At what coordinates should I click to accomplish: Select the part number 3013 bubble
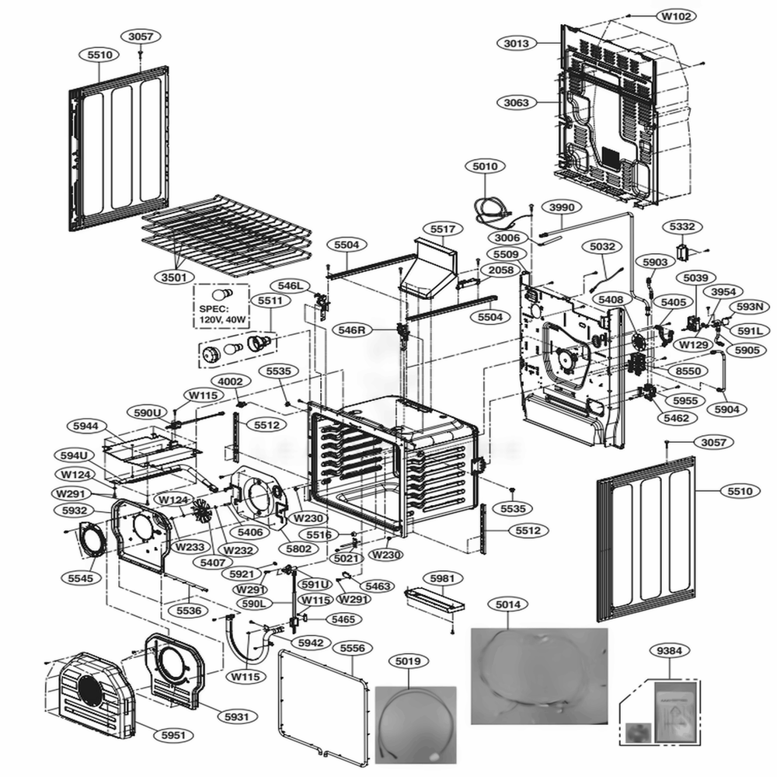pyautogui.click(x=516, y=44)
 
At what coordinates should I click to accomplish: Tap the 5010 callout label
pyautogui.click(x=485, y=166)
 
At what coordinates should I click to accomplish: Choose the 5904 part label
pyautogui.click(x=726, y=409)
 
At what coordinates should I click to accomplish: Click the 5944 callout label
pyautogui.click(x=85, y=426)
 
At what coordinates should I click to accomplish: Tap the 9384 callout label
pyautogui.click(x=671, y=651)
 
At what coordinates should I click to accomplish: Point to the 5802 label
pyautogui.click(x=298, y=549)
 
